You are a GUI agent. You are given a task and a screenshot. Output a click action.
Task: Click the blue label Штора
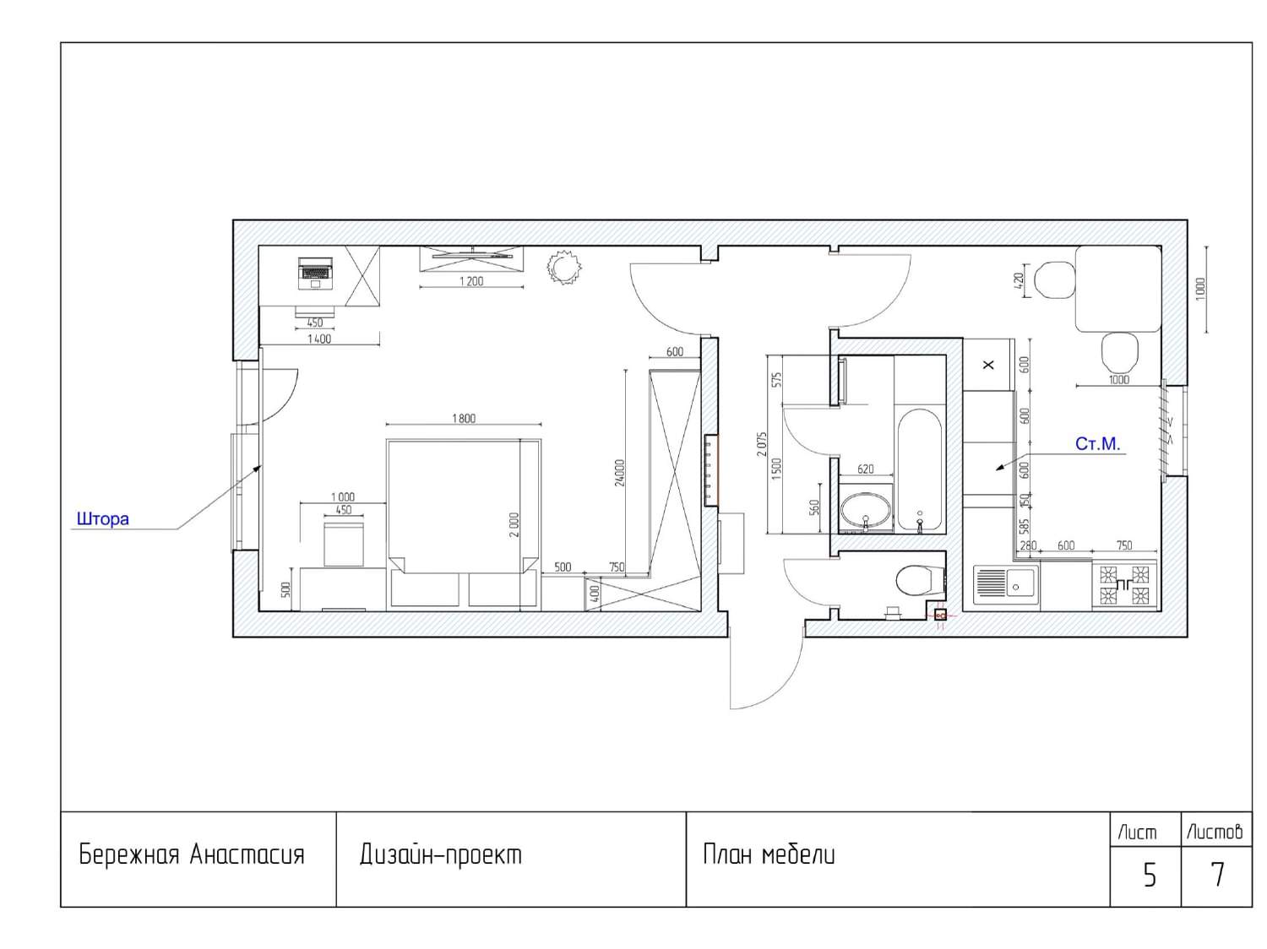point(103,519)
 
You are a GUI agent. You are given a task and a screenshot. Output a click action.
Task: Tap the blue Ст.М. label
point(1096,444)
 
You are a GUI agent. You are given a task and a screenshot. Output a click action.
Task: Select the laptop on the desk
point(315,274)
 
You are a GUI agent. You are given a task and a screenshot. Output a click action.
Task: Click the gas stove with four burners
point(1123,585)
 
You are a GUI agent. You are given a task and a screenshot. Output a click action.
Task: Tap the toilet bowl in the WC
point(919,580)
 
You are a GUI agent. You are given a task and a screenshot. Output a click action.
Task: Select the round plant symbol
point(563,267)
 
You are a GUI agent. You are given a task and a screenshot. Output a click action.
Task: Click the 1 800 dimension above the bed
point(464,418)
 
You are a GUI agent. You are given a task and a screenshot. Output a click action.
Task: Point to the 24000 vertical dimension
point(619,473)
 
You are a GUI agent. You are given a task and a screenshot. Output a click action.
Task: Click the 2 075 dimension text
point(762,444)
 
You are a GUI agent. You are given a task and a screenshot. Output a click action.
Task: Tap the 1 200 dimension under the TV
point(471,281)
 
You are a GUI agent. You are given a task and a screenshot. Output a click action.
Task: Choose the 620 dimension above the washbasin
point(865,469)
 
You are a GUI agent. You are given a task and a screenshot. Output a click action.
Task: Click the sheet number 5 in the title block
point(1150,876)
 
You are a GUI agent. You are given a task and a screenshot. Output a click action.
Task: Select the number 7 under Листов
point(1217,875)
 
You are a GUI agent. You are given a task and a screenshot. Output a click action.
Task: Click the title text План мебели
point(769,855)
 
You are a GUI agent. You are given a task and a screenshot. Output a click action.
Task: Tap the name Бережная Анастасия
point(191,854)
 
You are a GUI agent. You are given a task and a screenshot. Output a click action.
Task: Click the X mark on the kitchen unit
point(988,365)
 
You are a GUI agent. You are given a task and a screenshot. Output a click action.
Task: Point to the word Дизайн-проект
point(440,855)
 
